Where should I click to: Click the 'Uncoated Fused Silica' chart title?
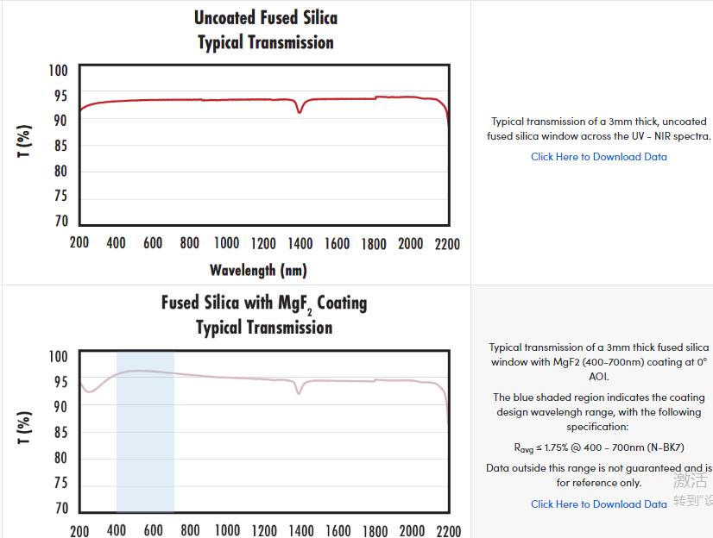click(x=265, y=18)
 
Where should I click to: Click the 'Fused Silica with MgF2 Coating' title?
click(x=263, y=303)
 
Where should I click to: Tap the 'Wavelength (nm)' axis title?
click(x=257, y=271)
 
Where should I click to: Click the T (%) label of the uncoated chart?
click(x=25, y=141)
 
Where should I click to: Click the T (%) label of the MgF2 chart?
click(x=25, y=427)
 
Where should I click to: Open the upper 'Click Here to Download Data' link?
click(x=598, y=157)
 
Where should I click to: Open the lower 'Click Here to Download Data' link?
click(x=598, y=504)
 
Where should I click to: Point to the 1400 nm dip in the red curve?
click(x=300, y=110)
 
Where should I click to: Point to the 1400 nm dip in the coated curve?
click(x=300, y=392)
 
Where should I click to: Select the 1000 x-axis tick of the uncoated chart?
click(x=226, y=244)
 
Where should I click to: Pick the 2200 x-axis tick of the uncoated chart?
click(x=447, y=244)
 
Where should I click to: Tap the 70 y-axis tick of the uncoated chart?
click(x=60, y=222)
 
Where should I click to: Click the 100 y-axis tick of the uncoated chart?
click(x=57, y=71)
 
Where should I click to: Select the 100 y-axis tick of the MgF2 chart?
click(x=57, y=357)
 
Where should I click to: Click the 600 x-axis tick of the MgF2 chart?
click(x=153, y=530)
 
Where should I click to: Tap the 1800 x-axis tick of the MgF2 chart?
click(x=374, y=530)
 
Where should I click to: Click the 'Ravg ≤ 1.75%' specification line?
click(x=598, y=448)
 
